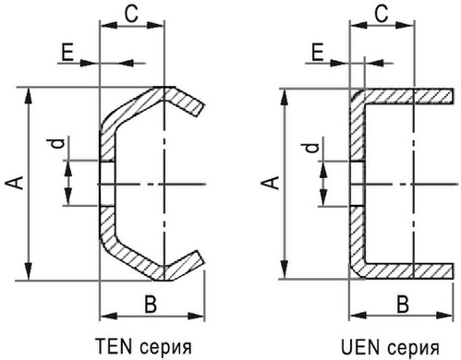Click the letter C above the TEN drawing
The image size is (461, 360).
[131, 14]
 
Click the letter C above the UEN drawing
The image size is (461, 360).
[382, 14]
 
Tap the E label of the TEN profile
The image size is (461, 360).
[67, 53]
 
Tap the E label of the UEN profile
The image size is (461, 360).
[318, 53]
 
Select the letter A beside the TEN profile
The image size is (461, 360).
[14, 183]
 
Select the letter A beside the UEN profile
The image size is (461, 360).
[270, 183]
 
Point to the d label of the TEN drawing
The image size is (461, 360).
[56, 143]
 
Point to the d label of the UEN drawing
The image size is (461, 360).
[311, 148]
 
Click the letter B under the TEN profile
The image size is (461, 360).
[151, 304]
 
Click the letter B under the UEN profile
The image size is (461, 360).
[403, 304]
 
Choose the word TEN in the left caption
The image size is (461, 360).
[114, 345]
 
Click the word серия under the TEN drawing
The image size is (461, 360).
[165, 348]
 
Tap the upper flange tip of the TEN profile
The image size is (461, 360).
[200, 111]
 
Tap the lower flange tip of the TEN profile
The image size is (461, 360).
[200, 258]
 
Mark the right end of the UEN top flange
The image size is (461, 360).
[453, 96]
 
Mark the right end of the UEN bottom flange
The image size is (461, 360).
[453, 270]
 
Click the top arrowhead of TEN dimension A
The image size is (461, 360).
[29, 95]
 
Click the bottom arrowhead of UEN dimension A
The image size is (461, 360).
[285, 270]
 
